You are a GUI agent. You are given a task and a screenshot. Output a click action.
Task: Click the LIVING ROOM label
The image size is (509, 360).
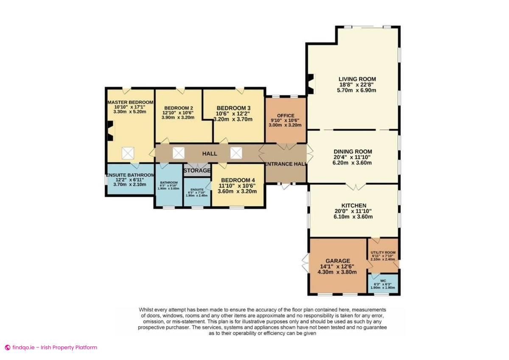[x=357, y=79]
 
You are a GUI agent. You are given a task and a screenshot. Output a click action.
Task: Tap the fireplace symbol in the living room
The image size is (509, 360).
[x=311, y=84]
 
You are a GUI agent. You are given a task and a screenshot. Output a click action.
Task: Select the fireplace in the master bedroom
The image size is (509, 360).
[x=110, y=131]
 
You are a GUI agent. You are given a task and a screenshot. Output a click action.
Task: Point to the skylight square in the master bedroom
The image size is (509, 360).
[x=128, y=153]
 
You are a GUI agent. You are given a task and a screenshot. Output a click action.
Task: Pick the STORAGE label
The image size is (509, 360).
[x=197, y=171]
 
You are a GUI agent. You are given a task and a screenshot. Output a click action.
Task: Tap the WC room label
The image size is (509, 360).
[x=383, y=281]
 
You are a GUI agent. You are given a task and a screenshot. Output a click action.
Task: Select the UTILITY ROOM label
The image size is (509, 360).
[x=383, y=253]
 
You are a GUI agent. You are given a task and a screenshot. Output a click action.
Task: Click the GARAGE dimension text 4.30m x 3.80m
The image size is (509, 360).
[x=338, y=273]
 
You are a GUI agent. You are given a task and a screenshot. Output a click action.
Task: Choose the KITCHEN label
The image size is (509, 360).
[x=354, y=205]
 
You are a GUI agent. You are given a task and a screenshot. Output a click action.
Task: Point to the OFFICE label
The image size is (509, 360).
[x=285, y=115]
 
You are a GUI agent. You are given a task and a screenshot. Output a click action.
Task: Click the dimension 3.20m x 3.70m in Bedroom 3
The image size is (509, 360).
[x=233, y=119]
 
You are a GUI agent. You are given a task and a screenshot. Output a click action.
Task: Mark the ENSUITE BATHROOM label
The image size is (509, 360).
[x=130, y=175]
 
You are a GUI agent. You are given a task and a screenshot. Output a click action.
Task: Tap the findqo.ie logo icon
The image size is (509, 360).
[x=7, y=347]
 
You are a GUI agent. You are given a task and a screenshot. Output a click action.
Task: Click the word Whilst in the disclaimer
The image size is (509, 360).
[x=148, y=309]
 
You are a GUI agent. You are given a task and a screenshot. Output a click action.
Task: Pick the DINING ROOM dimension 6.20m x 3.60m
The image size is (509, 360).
[x=352, y=163]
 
